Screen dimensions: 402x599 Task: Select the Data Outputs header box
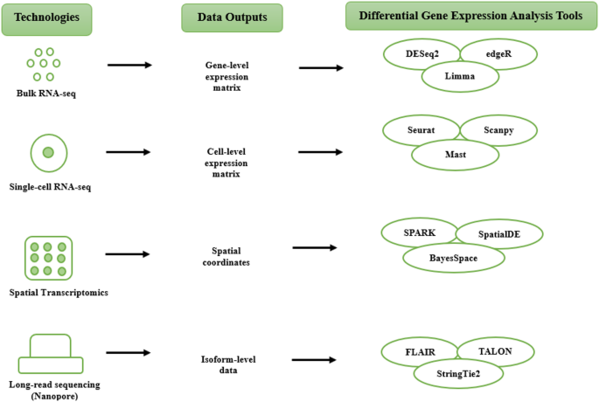click(x=232, y=17)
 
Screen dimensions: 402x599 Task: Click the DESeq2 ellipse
click(x=419, y=53)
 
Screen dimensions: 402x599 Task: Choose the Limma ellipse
click(x=459, y=77)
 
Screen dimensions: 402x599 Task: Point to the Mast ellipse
click(x=455, y=154)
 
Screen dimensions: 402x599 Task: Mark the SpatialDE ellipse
click(x=499, y=233)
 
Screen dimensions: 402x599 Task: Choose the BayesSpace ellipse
click(x=453, y=258)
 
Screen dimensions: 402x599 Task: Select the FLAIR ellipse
click(x=418, y=351)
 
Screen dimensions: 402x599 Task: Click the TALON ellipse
click(x=495, y=351)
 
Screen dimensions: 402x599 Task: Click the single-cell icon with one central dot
click(x=49, y=153)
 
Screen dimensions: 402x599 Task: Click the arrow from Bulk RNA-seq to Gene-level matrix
click(x=129, y=66)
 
